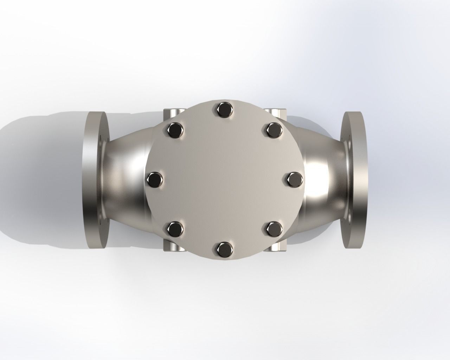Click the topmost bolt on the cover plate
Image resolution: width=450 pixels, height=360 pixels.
pos(224,110)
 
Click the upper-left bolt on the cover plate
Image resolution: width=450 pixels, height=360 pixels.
pos(175,130)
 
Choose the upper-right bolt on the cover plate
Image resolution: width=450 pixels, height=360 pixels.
pos(274,130)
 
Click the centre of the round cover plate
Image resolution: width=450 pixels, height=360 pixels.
pos(224,180)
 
